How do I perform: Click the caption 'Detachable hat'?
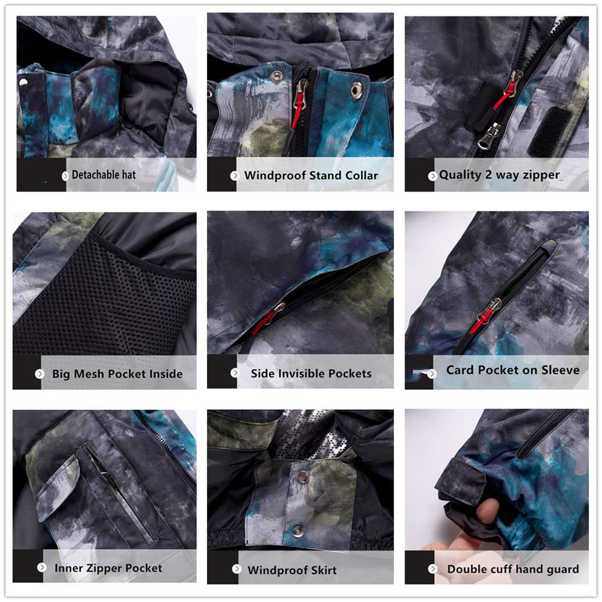click(x=103, y=175)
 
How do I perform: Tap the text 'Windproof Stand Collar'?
click(x=311, y=176)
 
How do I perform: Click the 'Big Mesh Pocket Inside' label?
click(x=117, y=374)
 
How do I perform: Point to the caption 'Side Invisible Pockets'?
click(x=311, y=373)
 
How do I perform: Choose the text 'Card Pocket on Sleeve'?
click(x=513, y=370)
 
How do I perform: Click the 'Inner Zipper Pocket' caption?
click(x=108, y=568)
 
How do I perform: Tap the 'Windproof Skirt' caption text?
click(x=292, y=570)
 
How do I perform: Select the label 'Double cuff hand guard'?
click(x=513, y=569)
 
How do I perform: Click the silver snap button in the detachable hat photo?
click(x=24, y=82)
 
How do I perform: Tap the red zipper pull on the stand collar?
click(x=297, y=109)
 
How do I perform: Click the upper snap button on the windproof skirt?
click(x=303, y=477)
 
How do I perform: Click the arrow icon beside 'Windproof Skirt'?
click(x=236, y=569)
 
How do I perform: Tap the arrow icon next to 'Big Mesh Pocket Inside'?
click(x=39, y=374)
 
